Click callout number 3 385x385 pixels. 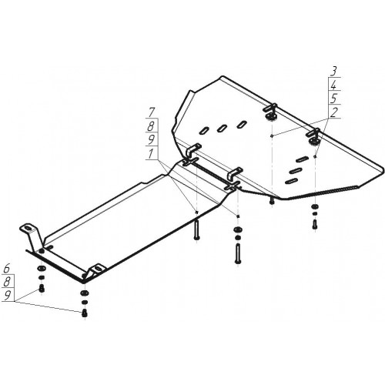333,71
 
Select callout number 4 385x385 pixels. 333,85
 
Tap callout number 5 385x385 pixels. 333,99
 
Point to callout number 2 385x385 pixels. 333,112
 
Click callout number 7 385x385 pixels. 152,113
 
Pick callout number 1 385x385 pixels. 151,154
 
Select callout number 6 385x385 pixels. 7,269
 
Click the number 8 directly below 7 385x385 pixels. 151,126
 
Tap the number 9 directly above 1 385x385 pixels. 151,140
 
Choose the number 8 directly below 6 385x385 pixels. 7,283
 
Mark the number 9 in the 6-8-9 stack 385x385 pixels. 7,296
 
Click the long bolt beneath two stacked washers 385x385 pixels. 237,253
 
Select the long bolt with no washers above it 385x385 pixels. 196,230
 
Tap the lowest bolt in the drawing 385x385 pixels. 84,313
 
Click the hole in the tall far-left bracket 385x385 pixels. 28,229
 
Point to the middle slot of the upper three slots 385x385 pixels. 222,128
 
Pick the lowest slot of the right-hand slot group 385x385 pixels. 291,181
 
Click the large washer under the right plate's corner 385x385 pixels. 314,206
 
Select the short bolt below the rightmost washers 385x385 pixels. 314,224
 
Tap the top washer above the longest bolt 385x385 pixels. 237,229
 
